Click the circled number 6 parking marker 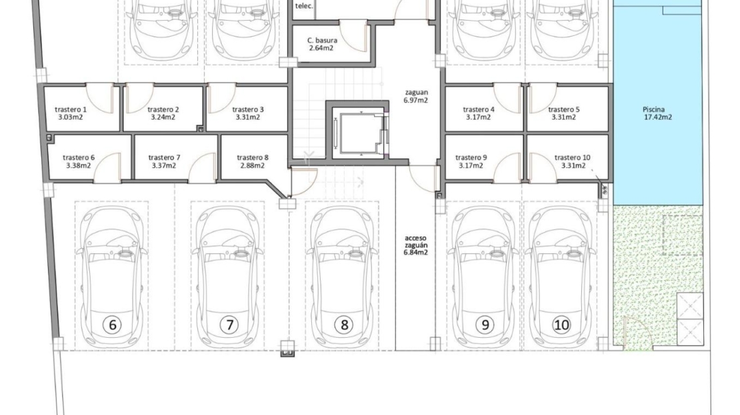click(112, 325)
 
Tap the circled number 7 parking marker click(230, 325)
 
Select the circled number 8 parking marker click(344, 325)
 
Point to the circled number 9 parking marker click(485, 325)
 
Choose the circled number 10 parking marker click(561, 325)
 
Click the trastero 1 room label click(71, 109)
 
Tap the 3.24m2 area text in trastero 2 click(163, 117)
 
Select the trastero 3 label click(248, 109)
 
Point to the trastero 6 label click(79, 157)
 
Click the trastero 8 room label click(253, 157)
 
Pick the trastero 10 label click(573, 157)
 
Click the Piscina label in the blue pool click(653, 109)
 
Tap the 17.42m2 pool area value click(658, 117)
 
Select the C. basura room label click(323, 41)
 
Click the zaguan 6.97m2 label click(416, 96)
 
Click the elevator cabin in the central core click(358, 133)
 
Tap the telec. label click(304, 6)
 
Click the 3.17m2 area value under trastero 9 click(471, 165)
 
